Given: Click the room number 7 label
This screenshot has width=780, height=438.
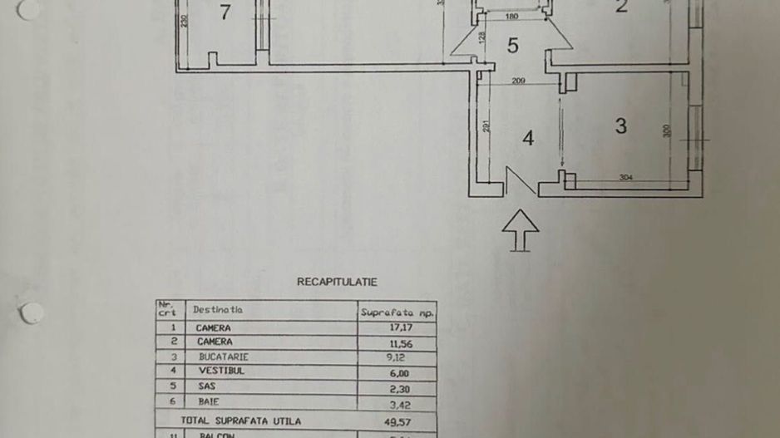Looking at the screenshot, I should click(225, 12).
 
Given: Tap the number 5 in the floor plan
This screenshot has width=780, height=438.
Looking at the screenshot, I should click(513, 46).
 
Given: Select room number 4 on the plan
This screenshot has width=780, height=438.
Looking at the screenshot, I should click(527, 138).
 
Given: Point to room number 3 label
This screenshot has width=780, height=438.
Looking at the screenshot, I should click(620, 125).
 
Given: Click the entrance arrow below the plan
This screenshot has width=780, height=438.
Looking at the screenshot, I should click(521, 229).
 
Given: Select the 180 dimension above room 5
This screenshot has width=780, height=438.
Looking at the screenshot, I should click(511, 17).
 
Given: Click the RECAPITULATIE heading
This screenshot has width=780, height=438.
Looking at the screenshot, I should click(337, 282).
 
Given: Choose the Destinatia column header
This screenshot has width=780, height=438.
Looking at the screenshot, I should click(218, 310).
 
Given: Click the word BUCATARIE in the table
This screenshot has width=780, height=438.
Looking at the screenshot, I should click(223, 357).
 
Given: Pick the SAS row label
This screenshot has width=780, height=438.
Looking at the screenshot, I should click(206, 386).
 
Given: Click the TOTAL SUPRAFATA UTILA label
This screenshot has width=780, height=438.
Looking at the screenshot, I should click(241, 421).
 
